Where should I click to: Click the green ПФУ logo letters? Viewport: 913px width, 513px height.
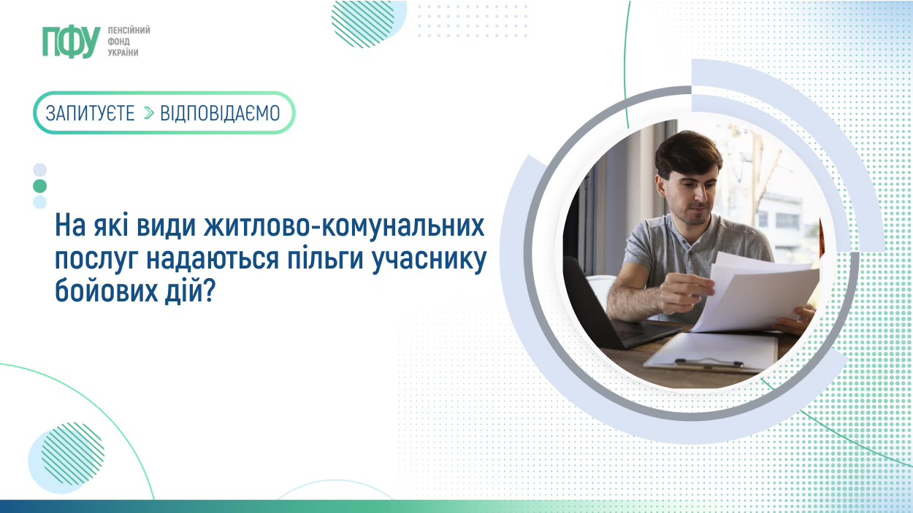[72, 42]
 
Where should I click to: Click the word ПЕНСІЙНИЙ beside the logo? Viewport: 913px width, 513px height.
[129, 30]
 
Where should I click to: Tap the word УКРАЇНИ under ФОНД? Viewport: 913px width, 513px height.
[123, 53]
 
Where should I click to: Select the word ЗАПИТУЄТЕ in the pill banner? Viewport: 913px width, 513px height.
[90, 113]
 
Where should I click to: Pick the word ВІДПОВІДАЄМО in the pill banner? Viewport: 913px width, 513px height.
[220, 113]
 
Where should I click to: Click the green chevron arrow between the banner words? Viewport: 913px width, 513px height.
[149, 113]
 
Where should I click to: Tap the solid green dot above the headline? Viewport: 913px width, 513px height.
[39, 186]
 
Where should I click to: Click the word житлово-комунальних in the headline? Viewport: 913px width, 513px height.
[344, 226]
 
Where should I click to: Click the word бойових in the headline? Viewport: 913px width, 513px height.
[106, 290]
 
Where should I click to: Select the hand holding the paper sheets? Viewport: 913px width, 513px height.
[686, 293]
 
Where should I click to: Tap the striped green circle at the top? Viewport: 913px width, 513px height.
[363, 23]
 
